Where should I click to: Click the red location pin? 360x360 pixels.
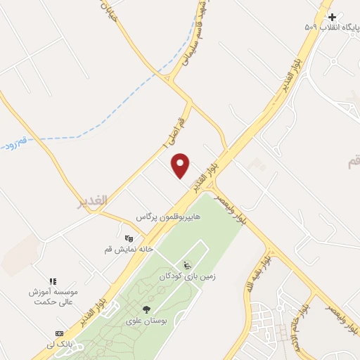tap(181, 165)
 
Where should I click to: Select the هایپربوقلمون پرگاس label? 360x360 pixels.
tap(168, 218)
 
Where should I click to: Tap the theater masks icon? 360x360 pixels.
tap(129, 238)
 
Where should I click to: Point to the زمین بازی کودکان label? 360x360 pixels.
tap(189, 277)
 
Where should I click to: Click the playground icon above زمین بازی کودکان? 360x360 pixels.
tap(186, 266)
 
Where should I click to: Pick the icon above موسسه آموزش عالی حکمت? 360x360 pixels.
tap(53, 281)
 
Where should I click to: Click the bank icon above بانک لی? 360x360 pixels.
tap(58, 333)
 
